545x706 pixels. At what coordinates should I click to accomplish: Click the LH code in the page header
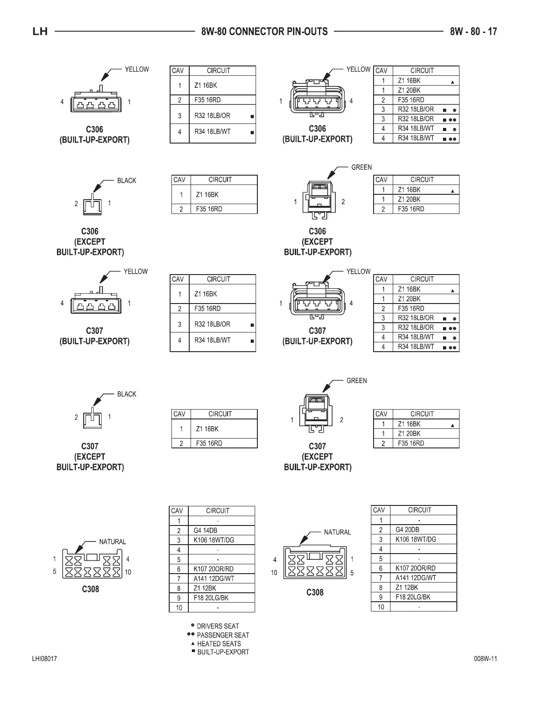(x=40, y=32)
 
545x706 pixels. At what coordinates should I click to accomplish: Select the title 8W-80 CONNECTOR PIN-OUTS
(x=264, y=32)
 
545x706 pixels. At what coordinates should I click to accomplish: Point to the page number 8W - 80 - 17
(x=473, y=32)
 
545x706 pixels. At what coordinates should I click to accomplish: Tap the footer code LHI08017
(x=44, y=659)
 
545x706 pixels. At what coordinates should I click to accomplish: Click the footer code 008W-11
(x=486, y=659)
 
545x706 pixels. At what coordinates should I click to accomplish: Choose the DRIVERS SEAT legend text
(x=218, y=626)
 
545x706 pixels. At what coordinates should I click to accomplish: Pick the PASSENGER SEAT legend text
(x=223, y=635)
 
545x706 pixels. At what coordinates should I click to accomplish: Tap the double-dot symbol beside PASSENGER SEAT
(x=191, y=634)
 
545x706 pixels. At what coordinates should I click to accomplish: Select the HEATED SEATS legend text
(x=219, y=644)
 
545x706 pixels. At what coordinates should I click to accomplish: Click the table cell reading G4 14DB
(x=205, y=530)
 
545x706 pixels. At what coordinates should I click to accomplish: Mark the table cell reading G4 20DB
(x=407, y=529)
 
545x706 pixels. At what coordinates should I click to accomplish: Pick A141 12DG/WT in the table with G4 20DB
(x=415, y=578)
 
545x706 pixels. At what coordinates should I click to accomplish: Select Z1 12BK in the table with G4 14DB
(x=205, y=588)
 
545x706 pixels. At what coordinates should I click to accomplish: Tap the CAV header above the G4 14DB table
(x=177, y=511)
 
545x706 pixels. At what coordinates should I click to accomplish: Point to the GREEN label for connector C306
(x=361, y=167)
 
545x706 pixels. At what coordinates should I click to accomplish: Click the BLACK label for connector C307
(x=126, y=394)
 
